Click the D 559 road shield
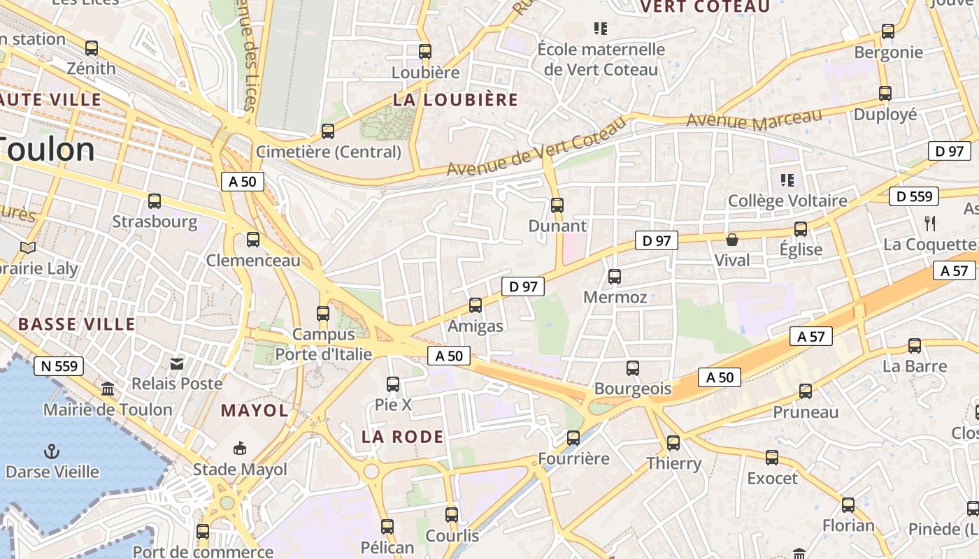tap(913, 197)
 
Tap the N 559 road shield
tap(59, 365)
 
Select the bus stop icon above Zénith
tap(92, 48)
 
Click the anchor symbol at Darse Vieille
tap(51, 451)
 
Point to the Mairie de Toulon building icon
tap(108, 389)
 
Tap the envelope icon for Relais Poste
tap(177, 363)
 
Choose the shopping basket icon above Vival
tap(732, 240)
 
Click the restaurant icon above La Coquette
tap(930, 224)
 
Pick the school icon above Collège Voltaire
tap(787, 180)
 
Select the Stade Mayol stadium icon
tap(240, 448)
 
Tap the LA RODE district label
tap(403, 437)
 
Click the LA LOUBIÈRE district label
tap(455, 100)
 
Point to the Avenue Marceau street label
tap(754, 119)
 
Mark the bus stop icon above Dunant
tap(557, 205)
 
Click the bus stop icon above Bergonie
tap(888, 31)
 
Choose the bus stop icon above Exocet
tap(772, 458)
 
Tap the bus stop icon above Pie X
tap(393, 384)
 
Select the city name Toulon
tap(48, 149)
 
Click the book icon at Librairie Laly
tap(28, 247)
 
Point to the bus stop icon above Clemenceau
tap(253, 240)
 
